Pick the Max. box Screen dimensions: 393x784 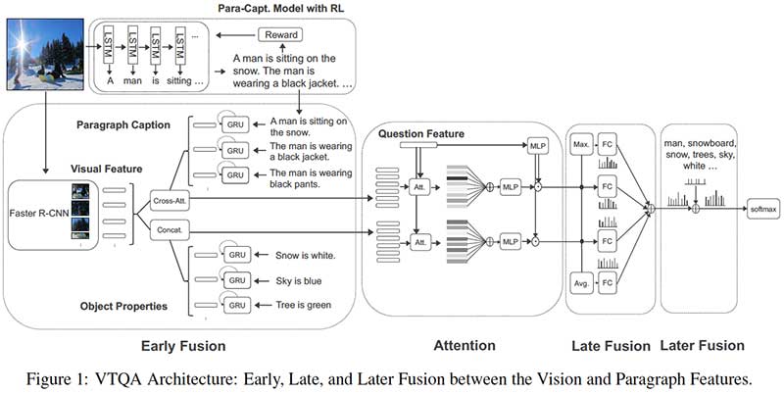pos(580,146)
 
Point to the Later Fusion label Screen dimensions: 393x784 pos(702,346)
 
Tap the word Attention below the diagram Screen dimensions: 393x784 pos(465,346)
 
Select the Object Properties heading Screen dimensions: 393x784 pos(122,305)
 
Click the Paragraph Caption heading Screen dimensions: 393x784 pos(124,124)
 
